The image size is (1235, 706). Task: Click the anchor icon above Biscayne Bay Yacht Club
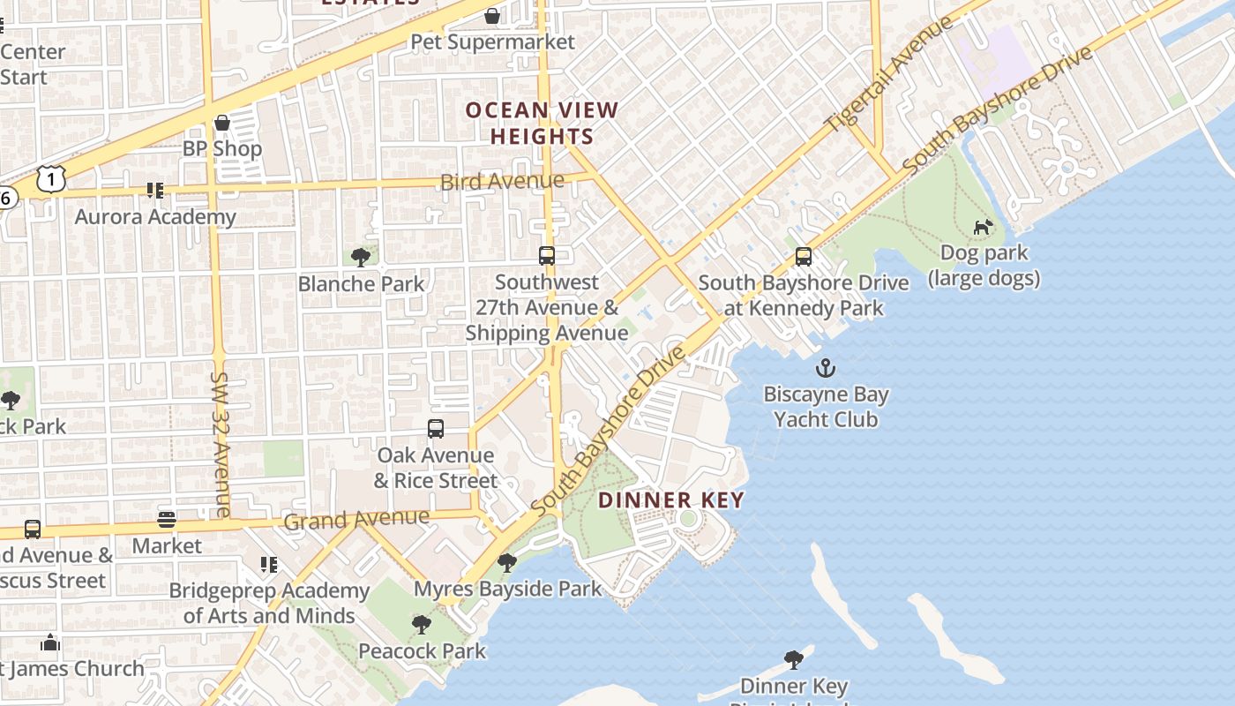(826, 367)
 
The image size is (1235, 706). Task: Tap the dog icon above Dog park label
(983, 227)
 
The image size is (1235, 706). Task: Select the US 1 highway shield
(52, 179)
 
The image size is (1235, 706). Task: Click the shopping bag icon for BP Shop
(222, 122)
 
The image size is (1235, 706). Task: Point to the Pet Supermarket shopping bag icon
(492, 16)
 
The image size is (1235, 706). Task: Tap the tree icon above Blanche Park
(360, 257)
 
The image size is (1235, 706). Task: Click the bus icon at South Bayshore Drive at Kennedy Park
(803, 257)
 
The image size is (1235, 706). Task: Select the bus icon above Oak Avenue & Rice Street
(435, 429)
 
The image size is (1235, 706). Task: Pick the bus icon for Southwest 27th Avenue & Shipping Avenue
(547, 256)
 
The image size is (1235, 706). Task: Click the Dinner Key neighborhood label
(671, 500)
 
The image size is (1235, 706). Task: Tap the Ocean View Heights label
(542, 124)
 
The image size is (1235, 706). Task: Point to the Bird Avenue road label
(502, 182)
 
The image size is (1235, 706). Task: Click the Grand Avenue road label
(356, 519)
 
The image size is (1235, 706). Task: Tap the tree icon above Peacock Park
(422, 625)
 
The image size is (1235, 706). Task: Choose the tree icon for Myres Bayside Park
(507, 562)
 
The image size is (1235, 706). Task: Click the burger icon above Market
(167, 520)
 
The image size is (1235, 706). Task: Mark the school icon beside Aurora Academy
(155, 190)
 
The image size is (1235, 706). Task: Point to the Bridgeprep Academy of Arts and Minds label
(269, 603)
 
